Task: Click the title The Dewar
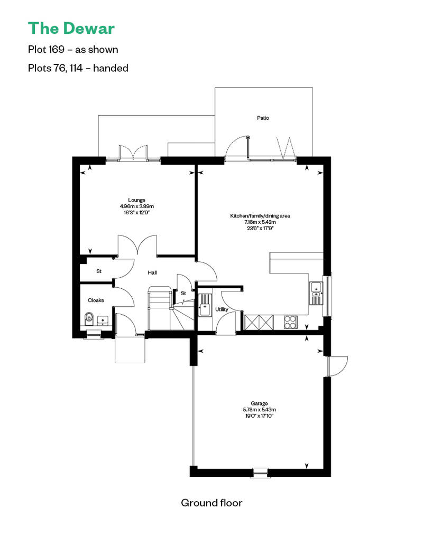(71, 27)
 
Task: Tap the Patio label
(263, 118)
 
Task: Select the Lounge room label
(136, 200)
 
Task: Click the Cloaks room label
(96, 300)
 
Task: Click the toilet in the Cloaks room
(89, 318)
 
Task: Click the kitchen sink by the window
(316, 294)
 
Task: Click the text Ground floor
(212, 503)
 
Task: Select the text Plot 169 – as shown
(73, 50)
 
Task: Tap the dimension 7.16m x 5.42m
(260, 222)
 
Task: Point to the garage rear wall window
(260, 472)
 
